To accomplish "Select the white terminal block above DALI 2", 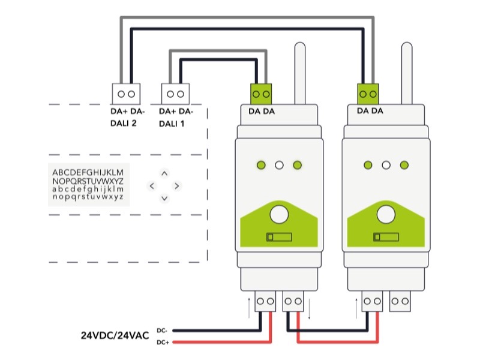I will click(126, 94).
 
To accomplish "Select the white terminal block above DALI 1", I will click(176, 94).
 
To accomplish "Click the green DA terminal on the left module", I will click(262, 94).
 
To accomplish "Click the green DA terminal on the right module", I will click(368, 94).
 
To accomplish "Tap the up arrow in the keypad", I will click(164, 173).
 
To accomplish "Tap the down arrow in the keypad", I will click(164, 198).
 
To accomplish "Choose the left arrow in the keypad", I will click(152, 186).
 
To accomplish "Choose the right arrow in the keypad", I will click(177, 186).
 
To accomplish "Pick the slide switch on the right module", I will click(386, 237).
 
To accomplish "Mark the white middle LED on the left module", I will click(279, 165).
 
